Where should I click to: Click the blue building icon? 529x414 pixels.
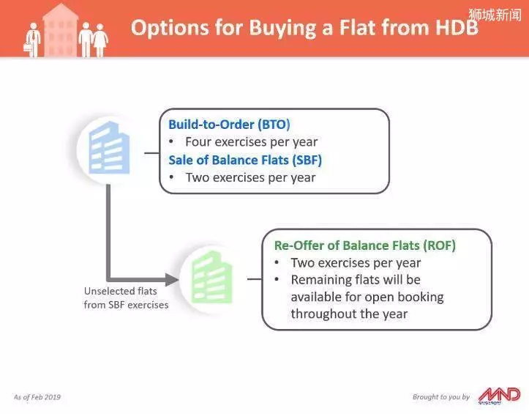[109, 148]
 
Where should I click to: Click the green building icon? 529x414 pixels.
[212, 277]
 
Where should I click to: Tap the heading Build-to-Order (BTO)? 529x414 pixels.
[229, 125]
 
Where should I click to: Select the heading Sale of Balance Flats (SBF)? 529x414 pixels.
[245, 160]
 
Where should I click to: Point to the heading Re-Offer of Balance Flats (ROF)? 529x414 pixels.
[364, 245]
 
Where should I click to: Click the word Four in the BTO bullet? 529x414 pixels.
[198, 142]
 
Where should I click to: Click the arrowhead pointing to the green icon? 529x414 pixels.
[172, 279]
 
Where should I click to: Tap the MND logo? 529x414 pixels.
[499, 396]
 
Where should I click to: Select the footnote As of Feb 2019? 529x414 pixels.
[37, 396]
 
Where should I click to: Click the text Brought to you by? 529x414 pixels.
[441, 396]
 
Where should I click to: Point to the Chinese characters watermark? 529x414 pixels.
[495, 15]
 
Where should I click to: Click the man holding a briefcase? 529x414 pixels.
[33, 40]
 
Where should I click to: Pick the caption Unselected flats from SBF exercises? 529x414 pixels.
[126, 297]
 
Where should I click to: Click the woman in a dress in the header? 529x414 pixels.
[100, 40]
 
